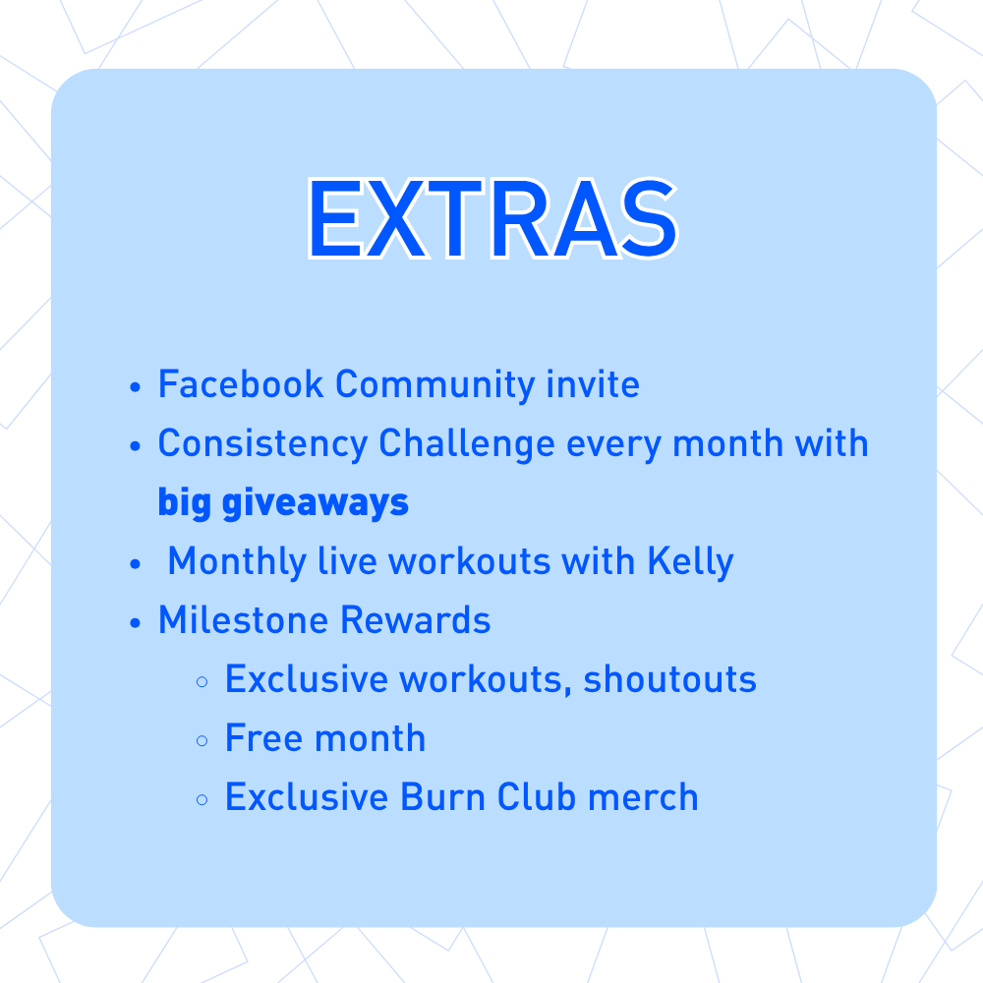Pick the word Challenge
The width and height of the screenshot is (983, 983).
tap(467, 444)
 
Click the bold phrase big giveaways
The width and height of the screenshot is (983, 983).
tap(283, 503)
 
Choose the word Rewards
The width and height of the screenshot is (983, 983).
tap(415, 620)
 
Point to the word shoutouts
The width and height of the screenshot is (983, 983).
tap(669, 680)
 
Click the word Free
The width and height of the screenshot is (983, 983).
tap(259, 738)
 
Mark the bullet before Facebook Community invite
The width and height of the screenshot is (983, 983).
tap(137, 386)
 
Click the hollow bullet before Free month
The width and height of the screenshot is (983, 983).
tap(202, 740)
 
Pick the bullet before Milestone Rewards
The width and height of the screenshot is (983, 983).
tap(137, 622)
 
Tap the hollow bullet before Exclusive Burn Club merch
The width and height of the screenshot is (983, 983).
tap(202, 799)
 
